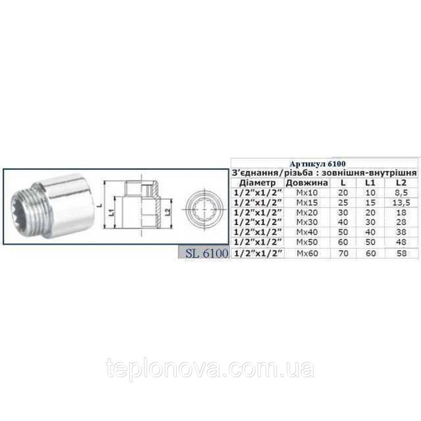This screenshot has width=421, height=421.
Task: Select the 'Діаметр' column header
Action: click(x=257, y=183)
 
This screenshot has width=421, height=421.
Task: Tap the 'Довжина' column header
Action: click(x=306, y=183)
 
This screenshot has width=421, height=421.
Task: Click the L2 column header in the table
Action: click(x=402, y=183)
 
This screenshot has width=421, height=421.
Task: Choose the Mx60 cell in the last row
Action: click(x=306, y=254)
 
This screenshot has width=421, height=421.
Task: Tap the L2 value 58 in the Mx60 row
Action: click(x=402, y=254)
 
